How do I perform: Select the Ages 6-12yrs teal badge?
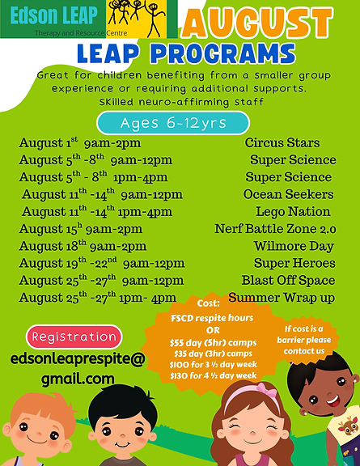[x=172, y=123]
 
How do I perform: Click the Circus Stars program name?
[x=282, y=143]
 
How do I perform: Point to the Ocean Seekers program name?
[x=288, y=194]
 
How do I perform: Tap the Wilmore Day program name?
[x=294, y=246]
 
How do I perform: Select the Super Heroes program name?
[x=294, y=263]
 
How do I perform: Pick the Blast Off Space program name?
[x=288, y=280]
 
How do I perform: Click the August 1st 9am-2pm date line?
[x=80, y=143]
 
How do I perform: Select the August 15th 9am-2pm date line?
[x=81, y=229]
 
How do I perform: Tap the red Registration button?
[x=74, y=337]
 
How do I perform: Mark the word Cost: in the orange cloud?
[x=209, y=301]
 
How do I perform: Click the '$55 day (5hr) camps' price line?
[x=214, y=342]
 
